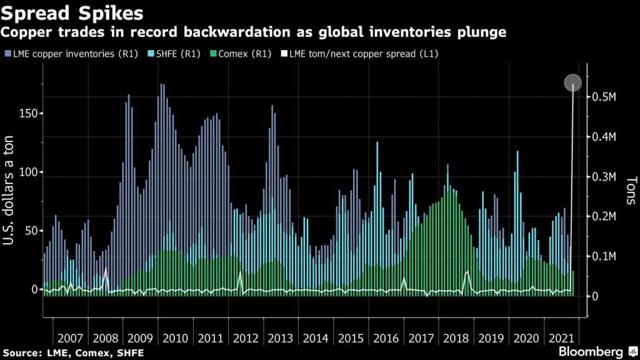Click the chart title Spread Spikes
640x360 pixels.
72,12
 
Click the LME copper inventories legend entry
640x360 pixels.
69,54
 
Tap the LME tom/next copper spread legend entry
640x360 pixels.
362,54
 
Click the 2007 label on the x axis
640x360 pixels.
70,338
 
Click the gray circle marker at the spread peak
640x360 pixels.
573,82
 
